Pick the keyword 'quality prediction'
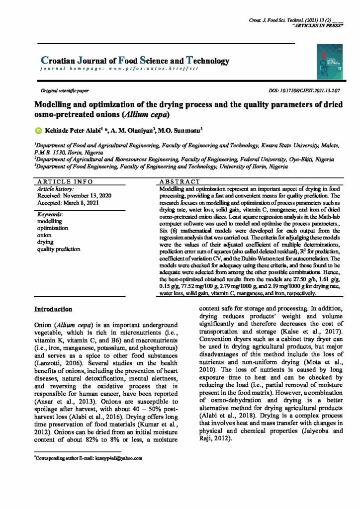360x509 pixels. (61, 249)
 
